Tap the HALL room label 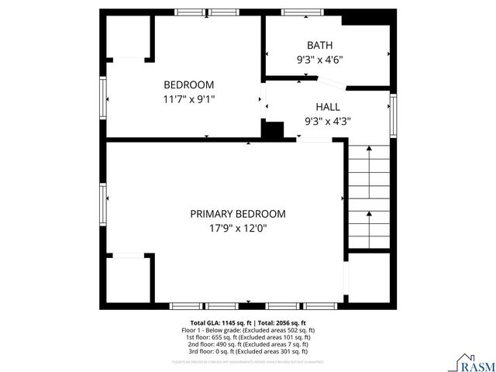coord(327,106)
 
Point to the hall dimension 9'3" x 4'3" coord(327,121)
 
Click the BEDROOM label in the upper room coord(188,84)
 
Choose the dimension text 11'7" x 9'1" coord(188,99)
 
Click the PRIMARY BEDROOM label coord(238,213)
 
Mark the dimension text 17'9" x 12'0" coord(238,228)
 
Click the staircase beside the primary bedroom coord(369,196)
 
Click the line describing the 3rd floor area coord(249,351)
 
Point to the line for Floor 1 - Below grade coord(249,330)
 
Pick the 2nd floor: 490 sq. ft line coord(249,344)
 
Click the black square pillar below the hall coord(273,130)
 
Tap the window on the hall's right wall coord(393,110)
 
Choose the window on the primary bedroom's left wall coord(103,203)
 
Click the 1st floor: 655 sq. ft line coord(249,337)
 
